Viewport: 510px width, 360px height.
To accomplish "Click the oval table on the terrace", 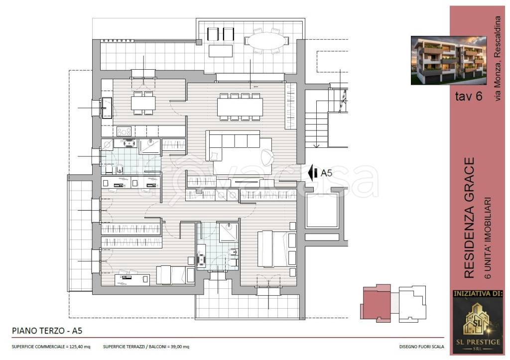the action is tap(267, 41).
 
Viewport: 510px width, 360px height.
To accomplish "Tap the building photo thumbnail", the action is tap(449, 60).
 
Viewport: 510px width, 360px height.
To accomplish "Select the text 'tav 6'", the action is tap(469, 96).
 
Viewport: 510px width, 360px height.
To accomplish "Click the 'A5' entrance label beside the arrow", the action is tap(327, 173).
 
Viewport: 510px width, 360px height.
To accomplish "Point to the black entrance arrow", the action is tap(313, 173).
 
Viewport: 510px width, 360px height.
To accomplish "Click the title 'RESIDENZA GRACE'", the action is tap(469, 218).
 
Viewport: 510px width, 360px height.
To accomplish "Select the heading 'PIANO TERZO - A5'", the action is tap(47, 331).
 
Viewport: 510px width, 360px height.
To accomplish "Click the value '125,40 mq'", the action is tap(80, 347).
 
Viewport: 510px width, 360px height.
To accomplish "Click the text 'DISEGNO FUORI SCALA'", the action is tap(421, 347).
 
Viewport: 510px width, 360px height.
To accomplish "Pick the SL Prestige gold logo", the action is tap(478, 325).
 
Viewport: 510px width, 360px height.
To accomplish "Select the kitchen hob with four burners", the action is tap(124, 131).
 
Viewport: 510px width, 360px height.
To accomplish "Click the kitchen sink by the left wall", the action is tap(107, 108).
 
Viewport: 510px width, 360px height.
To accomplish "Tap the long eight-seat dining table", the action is tap(240, 107).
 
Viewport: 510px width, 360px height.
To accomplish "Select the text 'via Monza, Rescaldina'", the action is tap(498, 58).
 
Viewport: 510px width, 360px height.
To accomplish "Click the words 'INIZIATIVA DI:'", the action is tap(478, 294).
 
